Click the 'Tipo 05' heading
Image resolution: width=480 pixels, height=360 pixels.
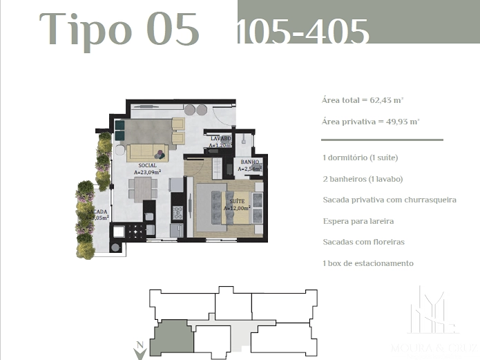[x=119, y=30]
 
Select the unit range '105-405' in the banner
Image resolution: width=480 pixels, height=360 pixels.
[x=302, y=32]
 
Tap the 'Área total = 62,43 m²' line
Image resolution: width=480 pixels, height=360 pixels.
[x=370, y=100]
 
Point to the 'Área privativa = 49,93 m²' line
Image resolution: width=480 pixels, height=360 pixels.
[x=370, y=121]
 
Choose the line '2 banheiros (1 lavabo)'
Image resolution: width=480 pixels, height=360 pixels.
[x=362, y=179]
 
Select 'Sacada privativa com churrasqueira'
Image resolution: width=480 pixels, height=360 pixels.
[x=389, y=200]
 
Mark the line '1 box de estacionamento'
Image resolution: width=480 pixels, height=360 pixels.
[x=367, y=263]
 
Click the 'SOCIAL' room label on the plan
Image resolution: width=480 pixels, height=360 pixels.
[x=146, y=167]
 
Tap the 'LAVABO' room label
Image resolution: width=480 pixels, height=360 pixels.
[x=220, y=138]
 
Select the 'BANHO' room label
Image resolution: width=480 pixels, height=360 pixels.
[x=249, y=162]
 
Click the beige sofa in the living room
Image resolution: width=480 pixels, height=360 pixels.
[x=147, y=151]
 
